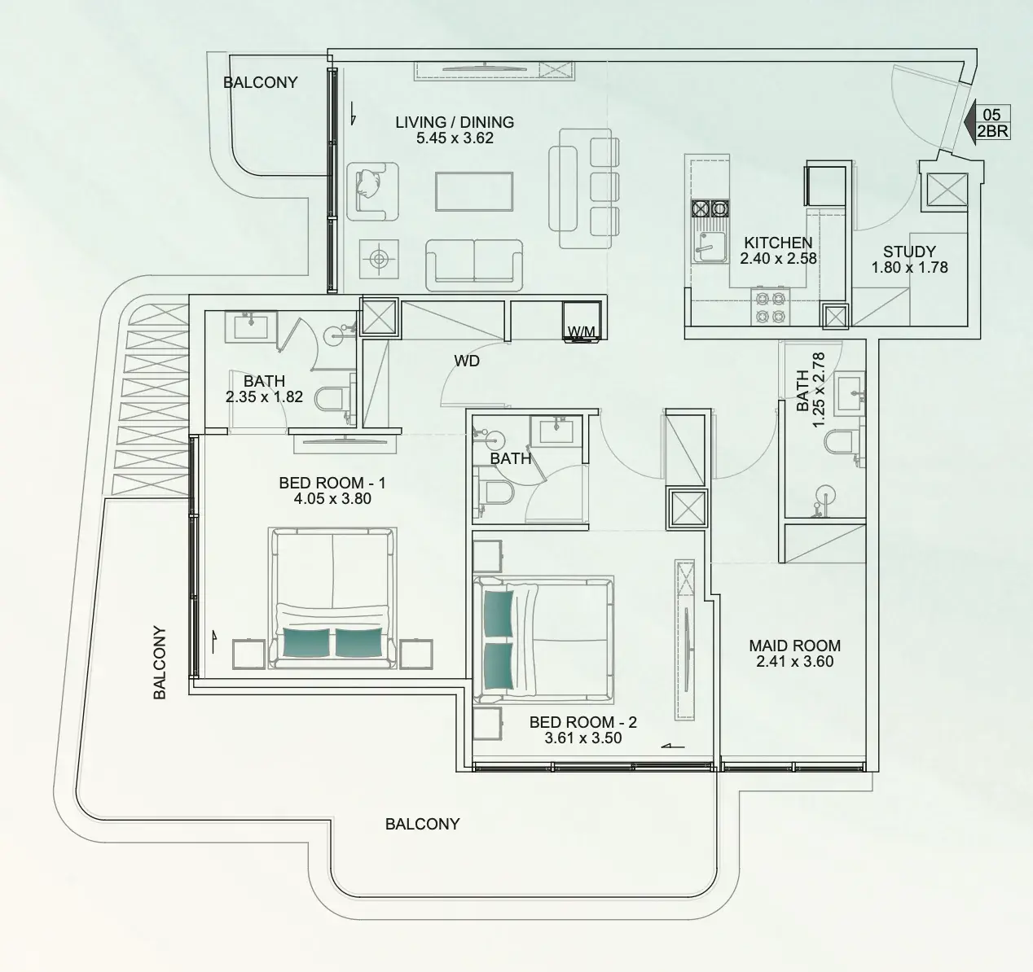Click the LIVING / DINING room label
455,122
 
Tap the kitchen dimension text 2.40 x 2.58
778,258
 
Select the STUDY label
909,252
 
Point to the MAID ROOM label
795,646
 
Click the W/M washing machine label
582,331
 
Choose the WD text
467,361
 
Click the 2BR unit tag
993,132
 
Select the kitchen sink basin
710,247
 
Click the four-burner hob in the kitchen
771,307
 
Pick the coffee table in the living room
474,192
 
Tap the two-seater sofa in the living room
474,265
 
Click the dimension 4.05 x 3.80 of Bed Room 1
332,498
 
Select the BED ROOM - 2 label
582,722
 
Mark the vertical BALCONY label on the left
160,662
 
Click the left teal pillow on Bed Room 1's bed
306,642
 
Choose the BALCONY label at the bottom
422,824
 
